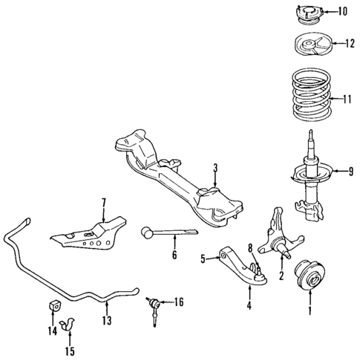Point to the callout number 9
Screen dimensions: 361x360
(343, 173)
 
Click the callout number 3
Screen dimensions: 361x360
(214, 167)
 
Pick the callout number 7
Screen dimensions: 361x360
(104, 203)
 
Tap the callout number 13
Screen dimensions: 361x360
(107, 322)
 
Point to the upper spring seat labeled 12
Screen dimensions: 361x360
(307, 46)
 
